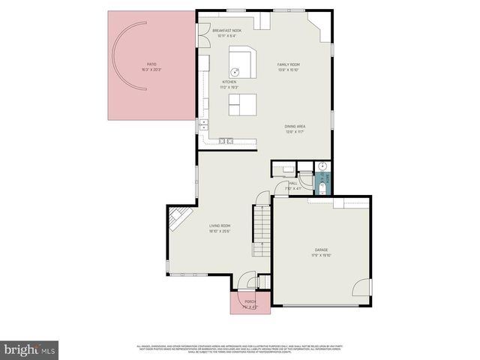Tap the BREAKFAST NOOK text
226,31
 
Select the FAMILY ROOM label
289,64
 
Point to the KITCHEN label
229,82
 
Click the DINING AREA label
294,126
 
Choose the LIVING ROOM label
220,225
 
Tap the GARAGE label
321,249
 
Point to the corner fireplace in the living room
178,219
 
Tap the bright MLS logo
30,349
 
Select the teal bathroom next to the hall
325,181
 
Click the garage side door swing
362,287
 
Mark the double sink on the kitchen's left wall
203,125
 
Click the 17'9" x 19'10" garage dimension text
321,254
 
